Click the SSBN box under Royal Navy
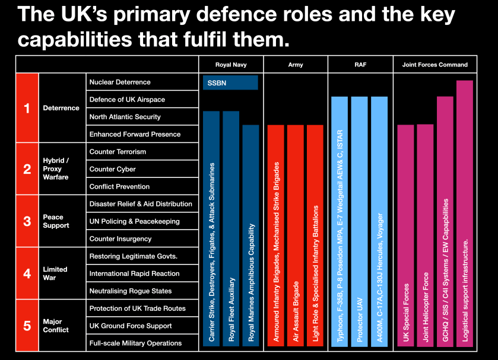[x=230, y=82]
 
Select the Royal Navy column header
[x=230, y=64]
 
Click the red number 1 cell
[x=27, y=108]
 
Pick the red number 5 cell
[x=27, y=325]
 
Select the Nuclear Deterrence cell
[x=142, y=82]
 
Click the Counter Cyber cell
[x=142, y=169]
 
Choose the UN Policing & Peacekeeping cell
[x=142, y=221]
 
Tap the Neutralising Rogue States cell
[x=142, y=291]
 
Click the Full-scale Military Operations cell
[x=142, y=343]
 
